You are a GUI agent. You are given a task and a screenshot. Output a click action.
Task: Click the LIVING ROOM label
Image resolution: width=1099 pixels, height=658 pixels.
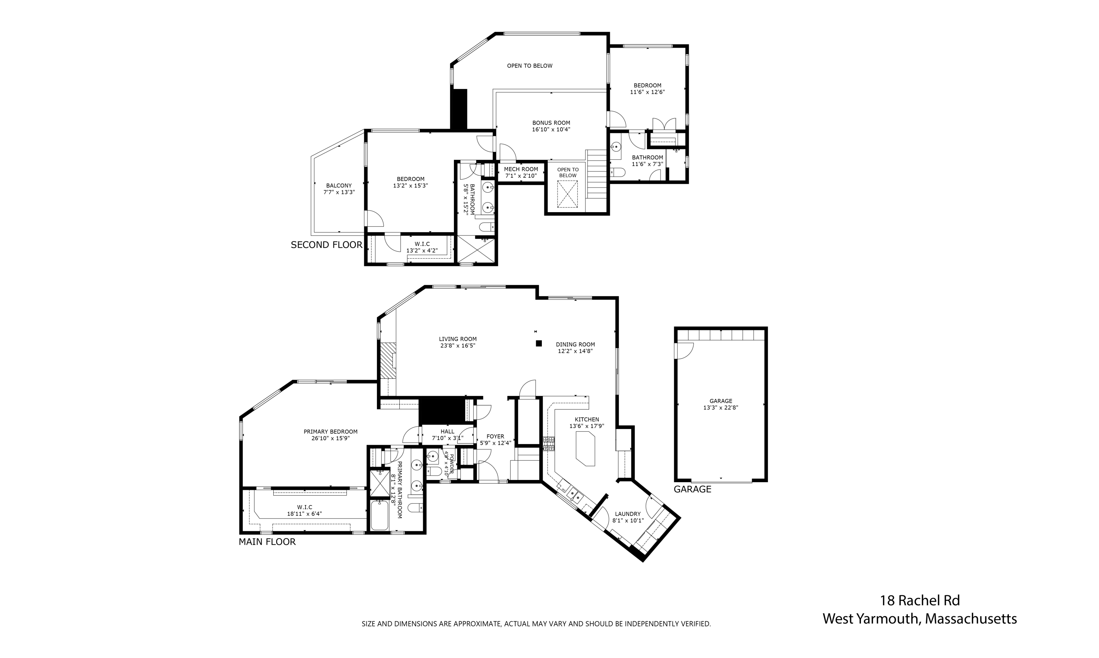click(458, 339)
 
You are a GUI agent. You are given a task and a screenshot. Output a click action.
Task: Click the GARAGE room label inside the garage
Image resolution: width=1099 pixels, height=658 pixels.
click(721, 401)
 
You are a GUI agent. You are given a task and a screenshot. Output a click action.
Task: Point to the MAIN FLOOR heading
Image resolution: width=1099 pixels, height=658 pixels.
click(267, 542)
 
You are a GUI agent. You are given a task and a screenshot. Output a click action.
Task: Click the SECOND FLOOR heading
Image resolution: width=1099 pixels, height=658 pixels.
click(326, 245)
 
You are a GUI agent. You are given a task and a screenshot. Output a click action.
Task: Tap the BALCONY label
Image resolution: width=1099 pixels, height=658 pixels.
click(339, 186)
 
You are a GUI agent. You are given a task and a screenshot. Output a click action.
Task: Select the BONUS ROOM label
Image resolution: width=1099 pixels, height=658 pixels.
click(551, 123)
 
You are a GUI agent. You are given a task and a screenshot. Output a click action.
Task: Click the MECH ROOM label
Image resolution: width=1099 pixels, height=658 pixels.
click(521, 169)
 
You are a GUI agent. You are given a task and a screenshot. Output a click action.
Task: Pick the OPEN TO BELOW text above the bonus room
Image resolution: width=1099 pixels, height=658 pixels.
click(529, 66)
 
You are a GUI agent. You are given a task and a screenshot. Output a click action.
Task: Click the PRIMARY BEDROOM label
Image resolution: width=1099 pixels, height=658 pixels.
click(330, 432)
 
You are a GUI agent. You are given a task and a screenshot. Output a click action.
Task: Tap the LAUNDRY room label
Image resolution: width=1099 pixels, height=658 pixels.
click(627, 514)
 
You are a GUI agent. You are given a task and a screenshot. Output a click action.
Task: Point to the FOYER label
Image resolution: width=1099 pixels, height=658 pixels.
click(495, 436)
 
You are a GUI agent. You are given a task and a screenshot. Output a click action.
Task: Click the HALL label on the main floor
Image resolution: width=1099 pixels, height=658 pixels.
click(447, 432)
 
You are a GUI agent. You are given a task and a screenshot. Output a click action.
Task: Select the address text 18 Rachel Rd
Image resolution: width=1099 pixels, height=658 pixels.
click(919, 601)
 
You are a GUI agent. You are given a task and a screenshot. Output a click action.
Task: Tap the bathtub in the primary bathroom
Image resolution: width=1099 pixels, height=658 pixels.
click(380, 515)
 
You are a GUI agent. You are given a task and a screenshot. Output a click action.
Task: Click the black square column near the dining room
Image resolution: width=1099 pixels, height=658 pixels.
click(539, 343)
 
